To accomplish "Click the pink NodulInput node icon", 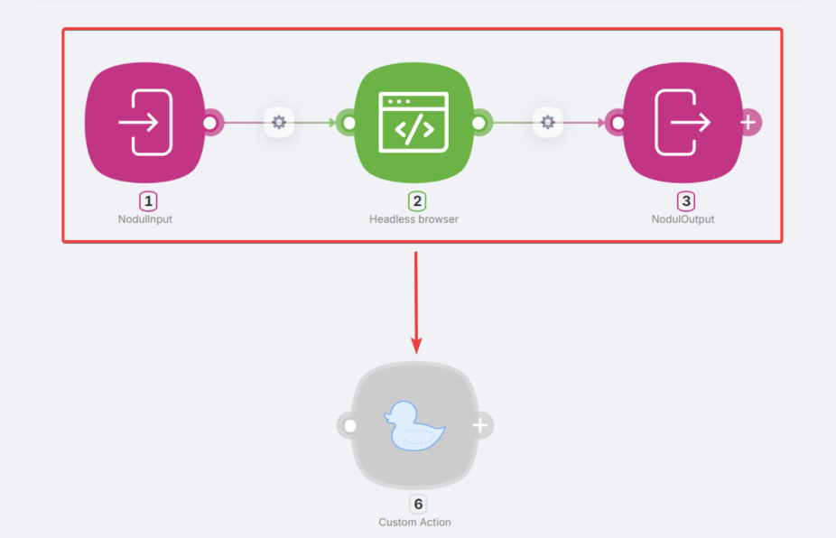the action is [x=145, y=123].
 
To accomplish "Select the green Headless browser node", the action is [x=414, y=123].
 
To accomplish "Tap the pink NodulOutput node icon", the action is [x=683, y=123].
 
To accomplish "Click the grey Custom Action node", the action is [x=414, y=425].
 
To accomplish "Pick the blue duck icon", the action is [x=414, y=426].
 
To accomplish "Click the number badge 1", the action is [x=148, y=201].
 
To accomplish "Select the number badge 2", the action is [x=417, y=201].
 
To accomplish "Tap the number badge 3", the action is [x=685, y=201].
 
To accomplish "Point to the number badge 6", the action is [x=418, y=504].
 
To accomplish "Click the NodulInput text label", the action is [x=145, y=219].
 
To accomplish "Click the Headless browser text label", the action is [x=413, y=219].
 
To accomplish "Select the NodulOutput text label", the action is [x=683, y=219].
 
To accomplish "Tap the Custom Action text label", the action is [x=414, y=522].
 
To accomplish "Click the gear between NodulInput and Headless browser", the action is [x=279, y=123].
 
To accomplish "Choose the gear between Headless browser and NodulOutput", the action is [x=548, y=123].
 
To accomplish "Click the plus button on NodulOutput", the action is [x=748, y=123].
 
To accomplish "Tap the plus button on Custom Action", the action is [x=480, y=425].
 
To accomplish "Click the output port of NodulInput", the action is [x=210, y=123].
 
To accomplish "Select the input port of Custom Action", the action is [x=349, y=425].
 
